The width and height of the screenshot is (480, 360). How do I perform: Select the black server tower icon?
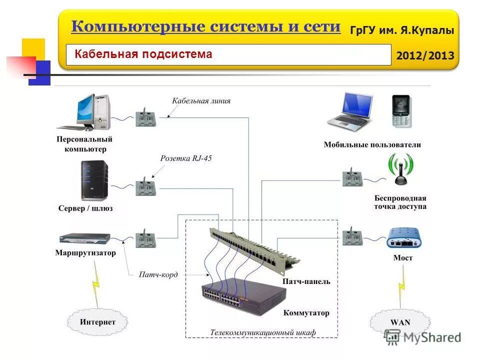pos(93,180)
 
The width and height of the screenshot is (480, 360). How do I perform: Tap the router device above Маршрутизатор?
pos(84,238)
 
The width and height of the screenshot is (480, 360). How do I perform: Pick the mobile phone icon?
pos(401,111)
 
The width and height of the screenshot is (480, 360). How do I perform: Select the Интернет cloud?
pos(97,322)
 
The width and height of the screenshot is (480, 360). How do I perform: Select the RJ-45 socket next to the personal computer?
pos(145,117)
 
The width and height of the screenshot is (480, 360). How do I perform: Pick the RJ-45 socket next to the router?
pos(145,238)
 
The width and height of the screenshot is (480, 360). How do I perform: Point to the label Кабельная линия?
pos(201,100)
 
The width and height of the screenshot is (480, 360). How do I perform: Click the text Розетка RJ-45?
pos(185,158)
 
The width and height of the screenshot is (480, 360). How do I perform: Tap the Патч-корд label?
pos(158,274)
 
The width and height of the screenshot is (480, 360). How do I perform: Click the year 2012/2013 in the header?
pos(424,55)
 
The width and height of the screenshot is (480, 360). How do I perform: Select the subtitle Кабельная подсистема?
pos(143,54)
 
